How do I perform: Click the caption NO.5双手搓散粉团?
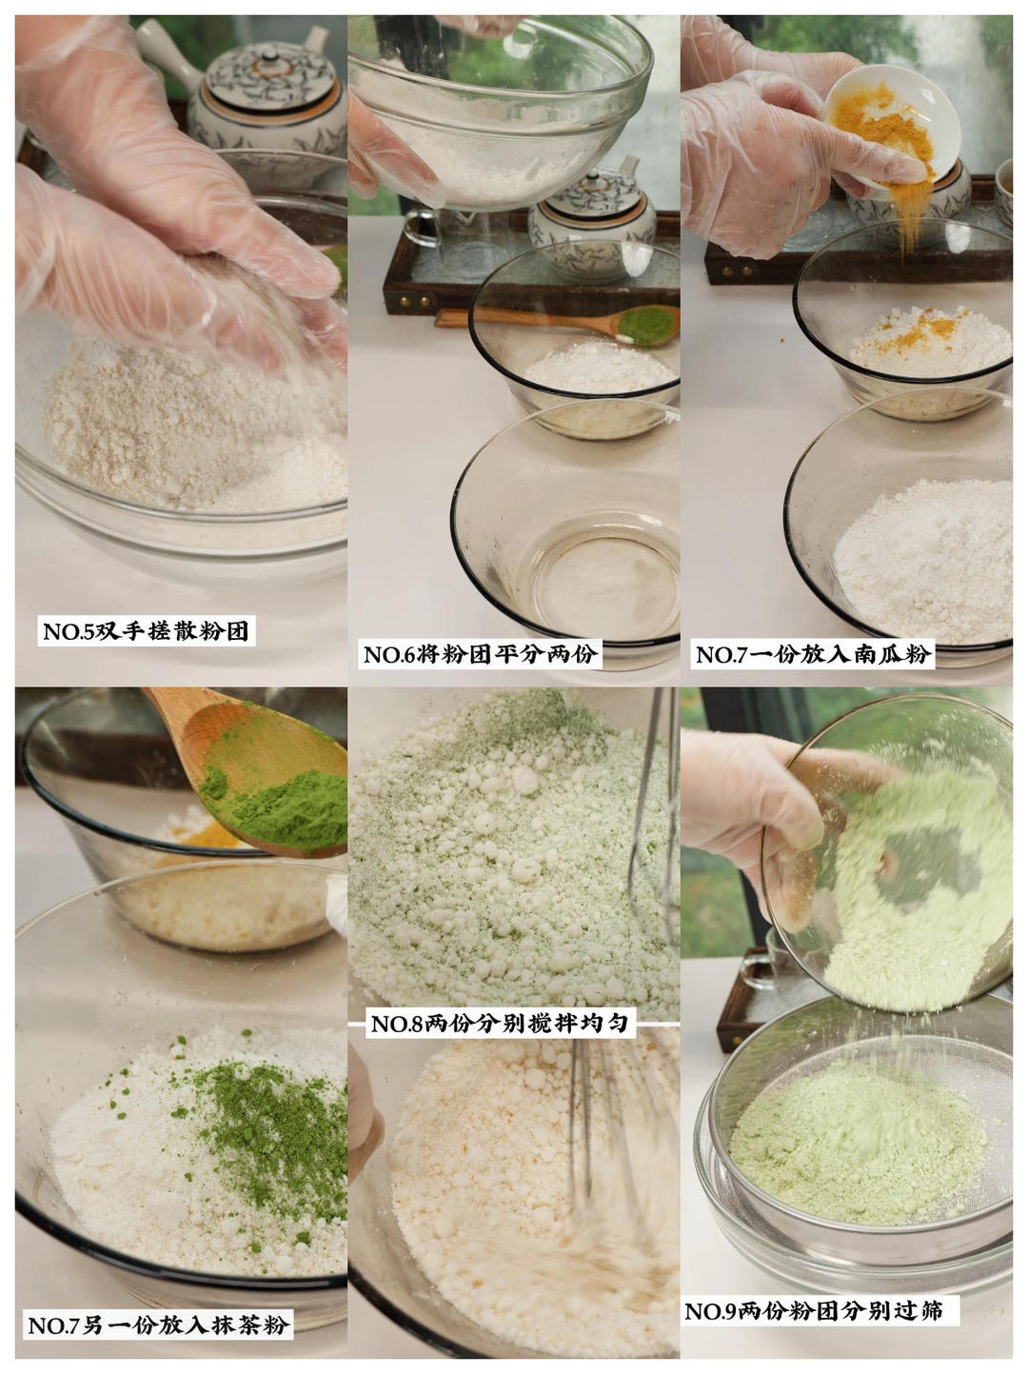pyautogui.click(x=148, y=631)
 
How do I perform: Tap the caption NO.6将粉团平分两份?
pyautogui.click(x=481, y=654)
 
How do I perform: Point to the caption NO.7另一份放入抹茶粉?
pyautogui.click(x=157, y=1324)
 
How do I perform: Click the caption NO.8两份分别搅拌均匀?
pyautogui.click(x=499, y=1024)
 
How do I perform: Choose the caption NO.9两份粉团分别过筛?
pyautogui.click(x=814, y=1311)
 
